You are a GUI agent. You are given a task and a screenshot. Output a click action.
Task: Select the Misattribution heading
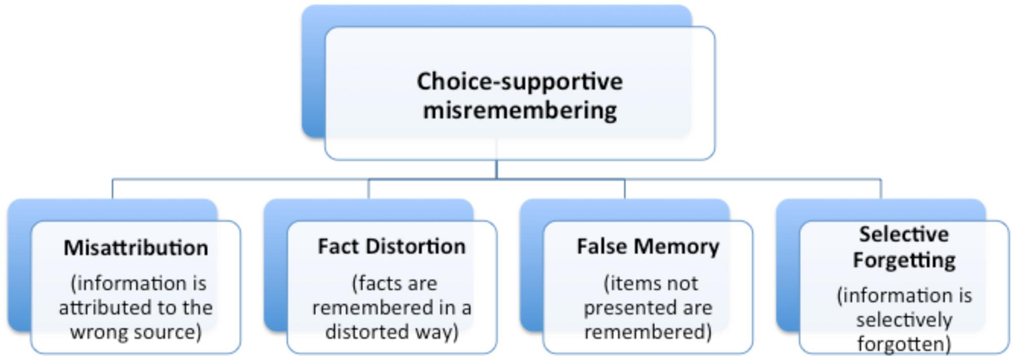point(135,248)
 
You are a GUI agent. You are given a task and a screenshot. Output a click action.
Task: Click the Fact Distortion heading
point(391,248)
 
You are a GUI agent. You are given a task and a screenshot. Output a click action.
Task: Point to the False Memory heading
point(648,248)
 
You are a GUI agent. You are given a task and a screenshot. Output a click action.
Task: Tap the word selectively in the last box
point(903,320)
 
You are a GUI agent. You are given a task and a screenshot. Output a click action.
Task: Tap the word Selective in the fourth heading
point(903,234)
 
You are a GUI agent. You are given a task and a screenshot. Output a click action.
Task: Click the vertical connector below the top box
point(497,169)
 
